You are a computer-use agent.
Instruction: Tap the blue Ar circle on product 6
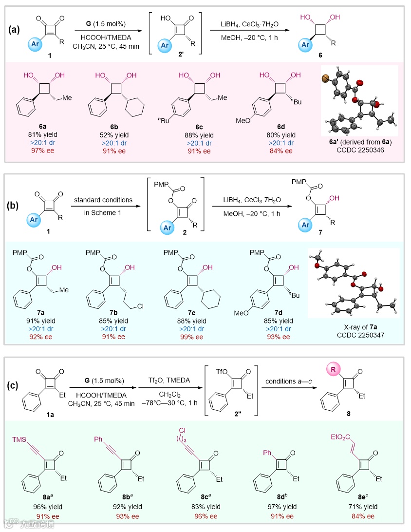click(305, 45)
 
